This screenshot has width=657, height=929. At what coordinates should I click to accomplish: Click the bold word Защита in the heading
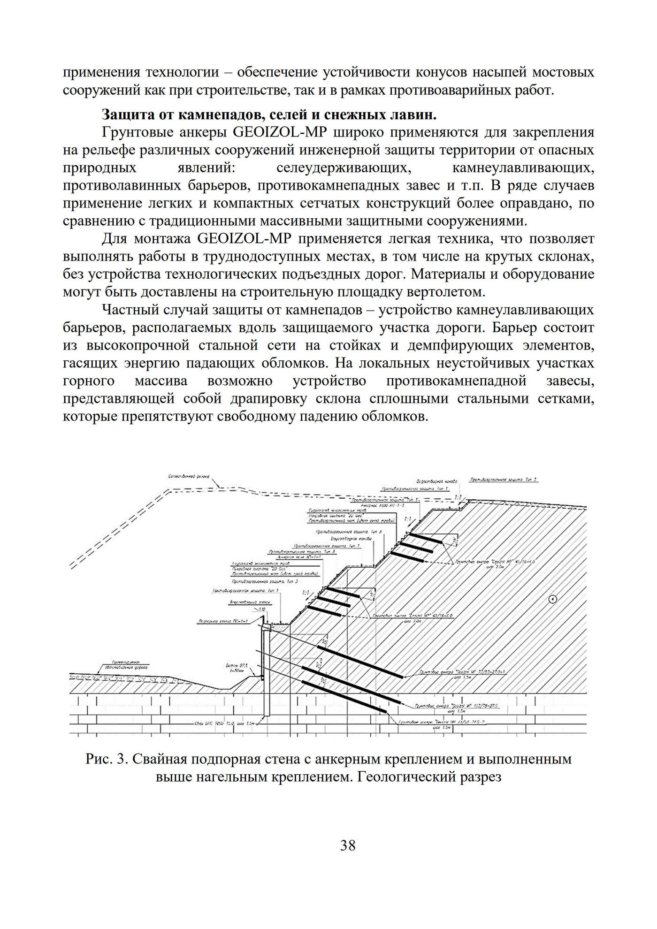125,114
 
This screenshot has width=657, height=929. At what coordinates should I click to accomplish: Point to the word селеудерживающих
341,168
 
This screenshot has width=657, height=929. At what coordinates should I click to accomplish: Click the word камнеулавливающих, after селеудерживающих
523,168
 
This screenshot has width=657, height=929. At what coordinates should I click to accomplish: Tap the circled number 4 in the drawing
552,599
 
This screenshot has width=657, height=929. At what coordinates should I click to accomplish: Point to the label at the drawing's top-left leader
188,477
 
